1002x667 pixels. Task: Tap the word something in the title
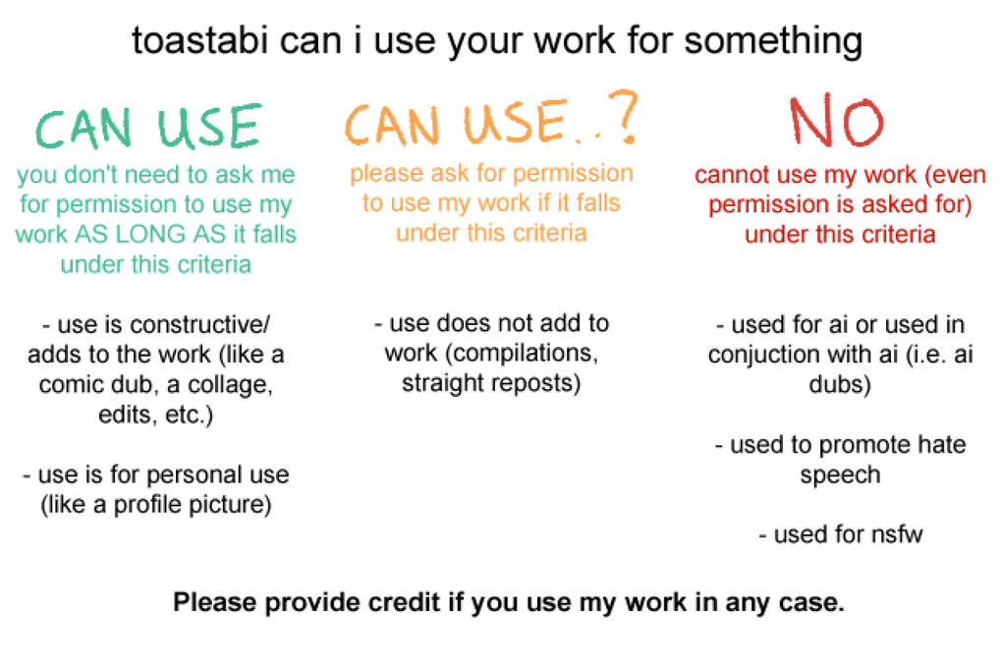773,42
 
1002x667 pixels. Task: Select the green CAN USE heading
148,127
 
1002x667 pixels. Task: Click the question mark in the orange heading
623,116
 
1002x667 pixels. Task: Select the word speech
840,475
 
